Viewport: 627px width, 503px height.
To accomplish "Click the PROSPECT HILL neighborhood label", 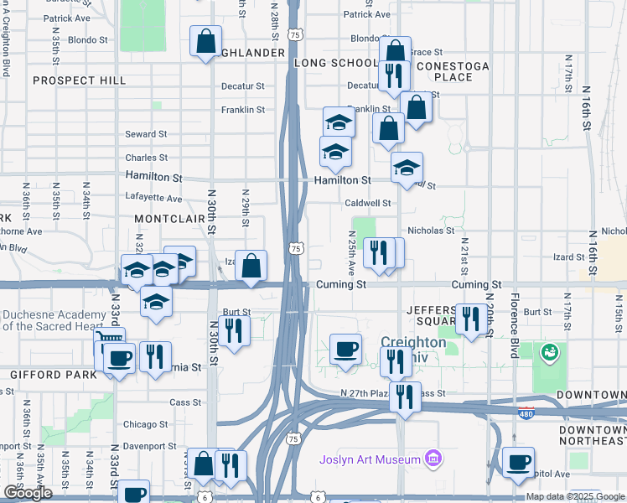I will coord(80,80).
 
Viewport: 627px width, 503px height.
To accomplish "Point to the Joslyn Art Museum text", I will coord(370,459).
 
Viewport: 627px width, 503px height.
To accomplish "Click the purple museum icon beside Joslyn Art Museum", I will coord(433,459).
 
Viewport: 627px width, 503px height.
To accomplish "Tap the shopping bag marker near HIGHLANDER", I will coord(205,42).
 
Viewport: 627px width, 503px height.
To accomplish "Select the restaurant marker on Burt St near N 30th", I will coord(234,329).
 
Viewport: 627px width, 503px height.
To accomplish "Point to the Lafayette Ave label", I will coord(153,199).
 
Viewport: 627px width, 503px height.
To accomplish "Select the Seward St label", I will coord(146,134).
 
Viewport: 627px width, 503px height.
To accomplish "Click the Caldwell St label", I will coord(368,204).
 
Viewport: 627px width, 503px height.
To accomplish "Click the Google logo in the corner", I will coord(28,493).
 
